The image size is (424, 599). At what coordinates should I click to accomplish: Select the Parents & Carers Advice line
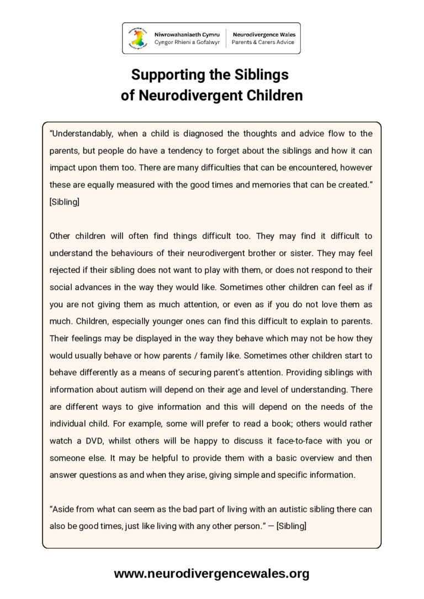(263, 42)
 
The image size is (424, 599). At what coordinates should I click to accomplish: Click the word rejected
(64, 270)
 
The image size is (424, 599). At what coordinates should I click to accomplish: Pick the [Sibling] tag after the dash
(291, 526)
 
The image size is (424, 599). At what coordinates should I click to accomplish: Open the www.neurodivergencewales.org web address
(211, 574)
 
